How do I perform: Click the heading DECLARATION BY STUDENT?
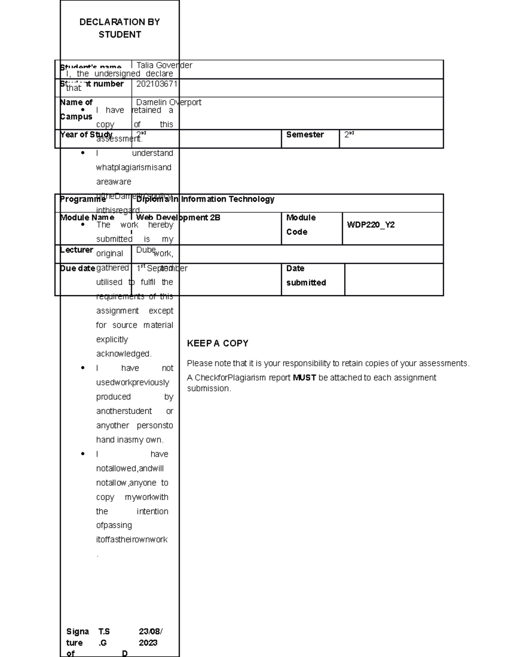pyautogui.click(x=120, y=28)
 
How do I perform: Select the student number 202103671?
pyautogui.click(x=157, y=84)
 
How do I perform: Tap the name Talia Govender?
pyautogui.click(x=164, y=65)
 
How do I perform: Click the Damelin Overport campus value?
pyautogui.click(x=168, y=102)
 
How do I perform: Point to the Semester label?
pyautogui.click(x=305, y=135)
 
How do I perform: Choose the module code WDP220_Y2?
pyautogui.click(x=371, y=225)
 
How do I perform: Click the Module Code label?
pyautogui.click(x=301, y=225)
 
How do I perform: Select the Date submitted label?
pyautogui.click(x=306, y=275)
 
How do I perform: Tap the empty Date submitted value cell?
pyautogui.click(x=394, y=279)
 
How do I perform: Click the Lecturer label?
pyautogui.click(x=77, y=250)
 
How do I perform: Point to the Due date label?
pyautogui.click(x=77, y=268)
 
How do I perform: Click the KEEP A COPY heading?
pyautogui.click(x=218, y=344)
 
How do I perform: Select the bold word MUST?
pyautogui.click(x=304, y=377)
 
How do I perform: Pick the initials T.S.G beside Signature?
pyautogui.click(x=104, y=637)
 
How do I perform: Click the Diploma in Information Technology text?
pyautogui.click(x=205, y=199)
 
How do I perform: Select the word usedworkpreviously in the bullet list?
pyautogui.click(x=133, y=382)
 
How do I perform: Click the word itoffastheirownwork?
pyautogui.click(x=132, y=539)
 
